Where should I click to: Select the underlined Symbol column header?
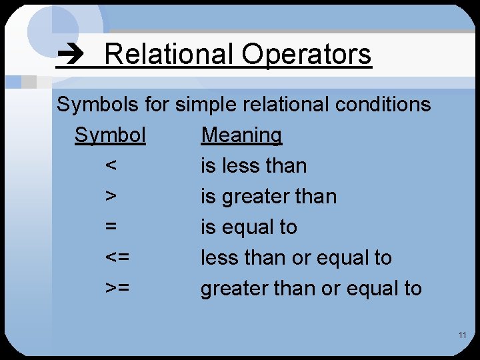[110, 135]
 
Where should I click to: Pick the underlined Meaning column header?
[241, 135]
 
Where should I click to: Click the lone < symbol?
[111, 166]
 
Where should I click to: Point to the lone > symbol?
[111, 197]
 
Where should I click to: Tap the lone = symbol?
[111, 227]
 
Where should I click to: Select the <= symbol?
[117, 258]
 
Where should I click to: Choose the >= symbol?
[117, 289]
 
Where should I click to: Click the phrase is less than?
[253, 166]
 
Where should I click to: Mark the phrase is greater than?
[269, 197]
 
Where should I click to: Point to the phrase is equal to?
[249, 227]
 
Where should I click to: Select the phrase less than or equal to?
[296, 258]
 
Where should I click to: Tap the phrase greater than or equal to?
[311, 289]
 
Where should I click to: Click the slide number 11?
[462, 335]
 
